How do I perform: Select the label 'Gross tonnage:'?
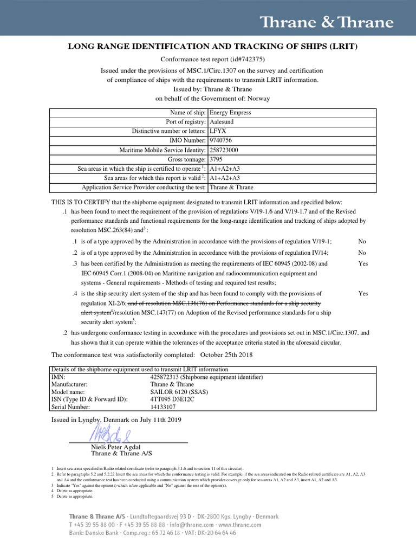coord(187,159)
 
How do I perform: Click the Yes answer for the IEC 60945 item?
coord(363,263)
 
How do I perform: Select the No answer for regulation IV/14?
coord(362,253)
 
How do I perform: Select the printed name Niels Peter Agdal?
coord(115,447)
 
